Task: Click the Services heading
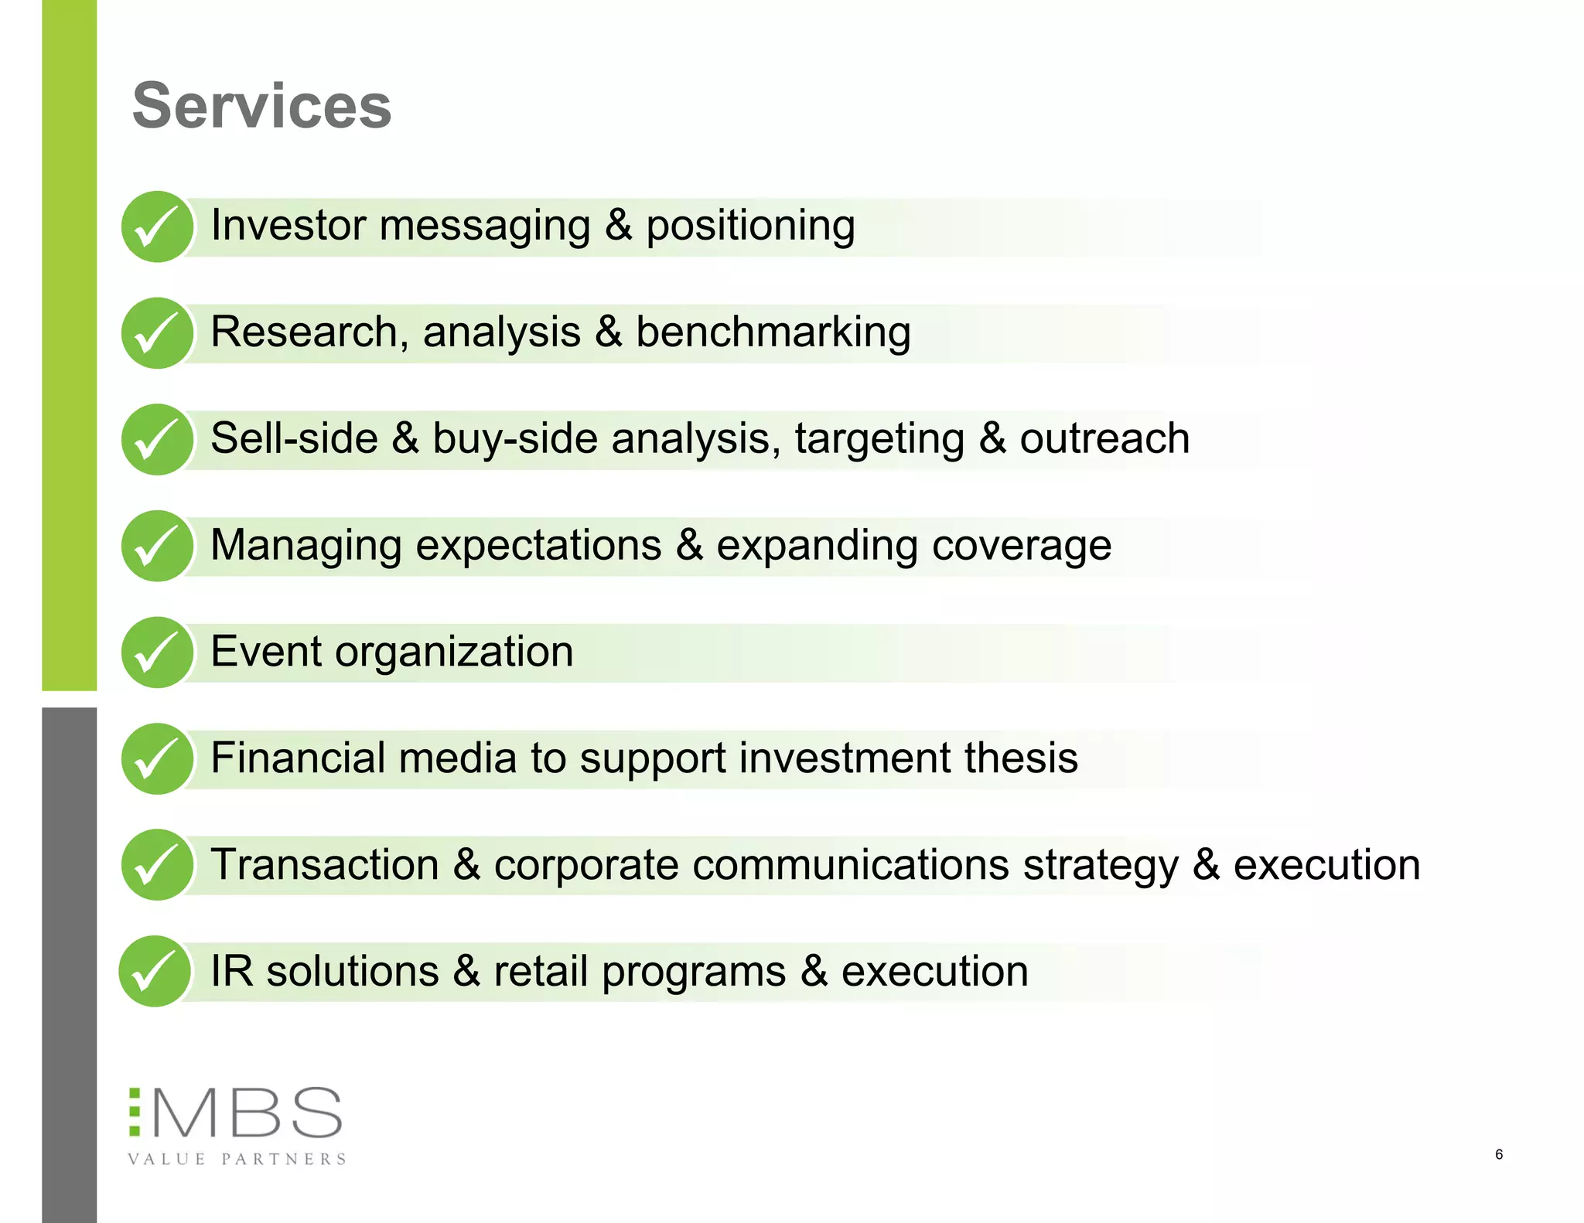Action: coord(261,107)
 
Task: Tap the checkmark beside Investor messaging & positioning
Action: coord(157,227)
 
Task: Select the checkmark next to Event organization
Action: coord(157,652)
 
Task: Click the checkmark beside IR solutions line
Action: coord(155,972)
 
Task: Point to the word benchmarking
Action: coord(773,332)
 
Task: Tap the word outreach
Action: coord(1104,439)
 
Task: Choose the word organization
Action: coord(454,652)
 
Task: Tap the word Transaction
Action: coord(325,864)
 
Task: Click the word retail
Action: coord(541,971)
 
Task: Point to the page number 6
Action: coord(1499,1154)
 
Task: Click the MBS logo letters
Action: coord(246,1113)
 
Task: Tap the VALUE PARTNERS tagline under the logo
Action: coord(237,1159)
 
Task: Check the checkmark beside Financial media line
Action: coord(157,758)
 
